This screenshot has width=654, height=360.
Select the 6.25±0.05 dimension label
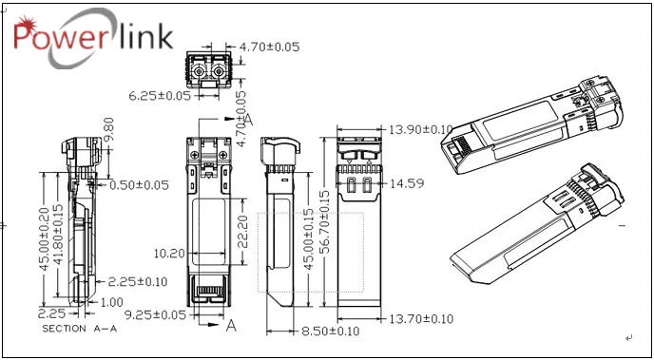pos(160,96)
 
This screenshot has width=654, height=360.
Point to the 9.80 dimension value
pos(107,129)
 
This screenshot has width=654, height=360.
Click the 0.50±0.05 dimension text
pos(139,185)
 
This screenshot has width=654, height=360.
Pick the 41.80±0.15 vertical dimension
pos(58,235)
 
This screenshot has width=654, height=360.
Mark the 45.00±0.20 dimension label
pos(45,238)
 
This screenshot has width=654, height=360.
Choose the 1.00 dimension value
pos(112,302)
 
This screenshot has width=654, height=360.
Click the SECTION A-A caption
pos(79,329)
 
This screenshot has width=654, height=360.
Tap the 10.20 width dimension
pos(169,253)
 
